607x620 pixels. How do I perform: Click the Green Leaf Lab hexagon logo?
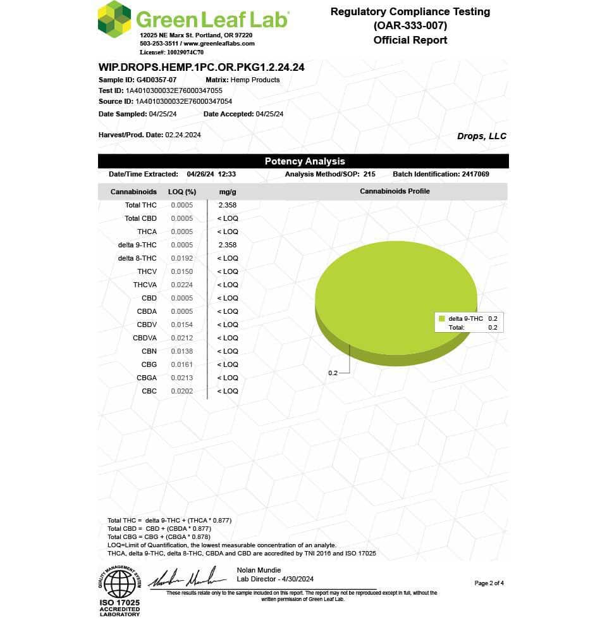(x=114, y=19)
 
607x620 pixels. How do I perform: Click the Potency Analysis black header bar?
(x=303, y=161)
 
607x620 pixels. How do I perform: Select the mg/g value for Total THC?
(x=227, y=205)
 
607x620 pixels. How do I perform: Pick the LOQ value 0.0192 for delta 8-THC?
(x=182, y=258)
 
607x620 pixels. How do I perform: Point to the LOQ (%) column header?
(x=182, y=191)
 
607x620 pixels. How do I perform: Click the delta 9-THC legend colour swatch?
(x=442, y=319)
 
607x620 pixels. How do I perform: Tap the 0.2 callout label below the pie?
(x=333, y=373)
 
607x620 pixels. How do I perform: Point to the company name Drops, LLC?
(x=481, y=136)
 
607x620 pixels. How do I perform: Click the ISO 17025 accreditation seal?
(x=119, y=588)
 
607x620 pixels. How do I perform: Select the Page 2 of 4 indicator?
(x=489, y=583)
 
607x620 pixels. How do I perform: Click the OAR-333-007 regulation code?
(x=410, y=26)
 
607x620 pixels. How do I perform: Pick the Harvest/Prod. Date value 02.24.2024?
(x=183, y=135)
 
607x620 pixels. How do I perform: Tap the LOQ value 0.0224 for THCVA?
(x=182, y=285)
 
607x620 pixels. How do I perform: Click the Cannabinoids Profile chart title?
(x=395, y=191)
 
